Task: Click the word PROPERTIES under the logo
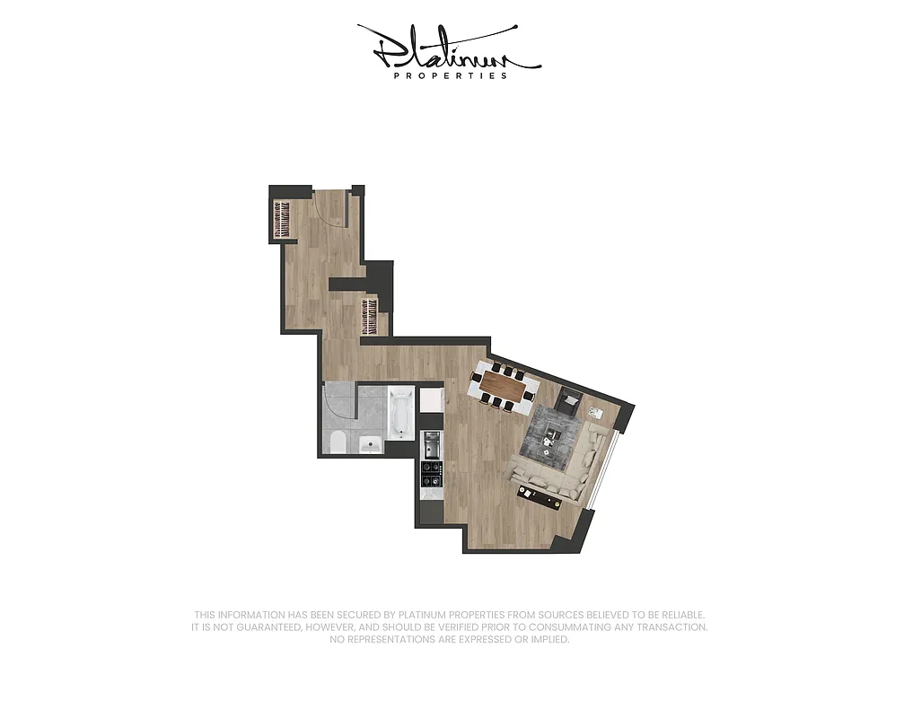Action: pos(451,76)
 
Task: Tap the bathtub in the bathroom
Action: pos(400,415)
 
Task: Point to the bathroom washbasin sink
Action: pos(369,443)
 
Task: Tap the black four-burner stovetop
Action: pos(431,470)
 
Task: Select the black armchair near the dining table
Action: pos(568,402)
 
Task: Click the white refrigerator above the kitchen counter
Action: pos(432,398)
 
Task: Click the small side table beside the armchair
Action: pos(596,412)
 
